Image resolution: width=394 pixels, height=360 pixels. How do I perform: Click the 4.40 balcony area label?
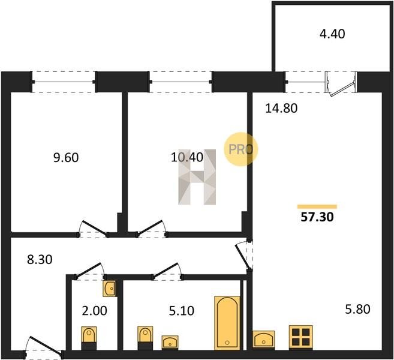tap(332, 34)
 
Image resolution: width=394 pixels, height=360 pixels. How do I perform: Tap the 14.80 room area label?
tap(281, 109)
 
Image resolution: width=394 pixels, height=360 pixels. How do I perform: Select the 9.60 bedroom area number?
tap(66, 158)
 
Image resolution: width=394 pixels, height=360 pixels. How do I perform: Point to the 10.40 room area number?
tap(187, 157)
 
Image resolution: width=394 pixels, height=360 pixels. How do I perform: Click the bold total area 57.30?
tap(317, 217)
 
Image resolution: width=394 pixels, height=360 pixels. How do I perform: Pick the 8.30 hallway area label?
tap(40, 259)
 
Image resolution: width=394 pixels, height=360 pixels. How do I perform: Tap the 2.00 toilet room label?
tap(95, 311)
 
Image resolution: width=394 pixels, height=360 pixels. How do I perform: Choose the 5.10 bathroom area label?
tap(182, 311)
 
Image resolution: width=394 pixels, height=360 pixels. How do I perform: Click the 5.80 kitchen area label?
tap(357, 309)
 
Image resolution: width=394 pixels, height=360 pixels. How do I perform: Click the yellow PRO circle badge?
tap(240, 149)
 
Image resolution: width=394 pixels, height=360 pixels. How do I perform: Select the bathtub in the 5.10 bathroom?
tap(227, 323)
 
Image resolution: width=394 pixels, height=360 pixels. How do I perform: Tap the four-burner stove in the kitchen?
tap(301, 337)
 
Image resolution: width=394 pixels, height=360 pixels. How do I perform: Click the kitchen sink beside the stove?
tap(264, 340)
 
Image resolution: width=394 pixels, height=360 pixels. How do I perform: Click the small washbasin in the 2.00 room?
tap(110, 289)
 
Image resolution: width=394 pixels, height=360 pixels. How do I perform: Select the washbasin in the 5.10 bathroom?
tap(170, 342)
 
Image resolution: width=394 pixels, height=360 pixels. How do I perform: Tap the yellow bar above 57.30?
tap(317, 207)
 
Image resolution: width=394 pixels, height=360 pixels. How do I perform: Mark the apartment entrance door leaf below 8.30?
tap(46, 346)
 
